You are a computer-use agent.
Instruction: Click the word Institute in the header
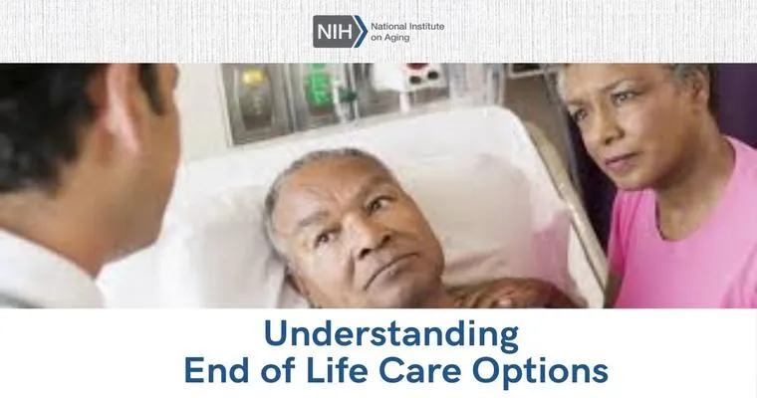point(426,27)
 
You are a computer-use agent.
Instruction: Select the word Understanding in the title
point(391,335)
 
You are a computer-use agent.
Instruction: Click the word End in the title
point(217,371)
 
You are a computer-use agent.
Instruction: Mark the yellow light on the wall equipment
point(252,78)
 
